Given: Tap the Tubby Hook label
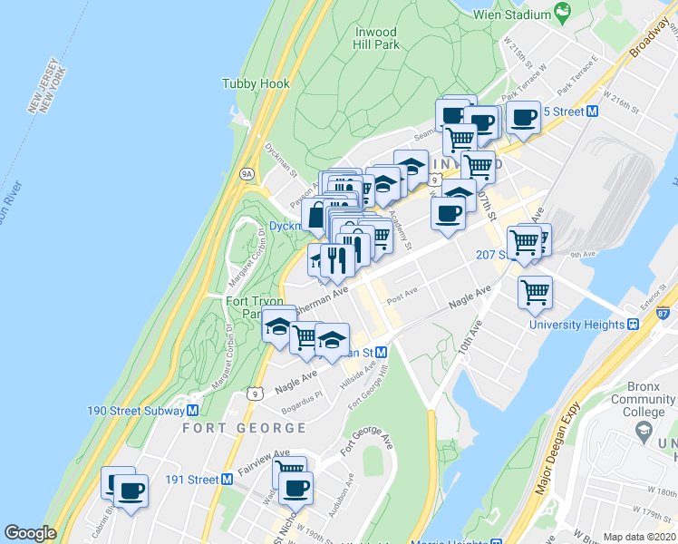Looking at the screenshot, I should coord(256,84).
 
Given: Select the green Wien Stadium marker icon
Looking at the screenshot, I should coord(562,14).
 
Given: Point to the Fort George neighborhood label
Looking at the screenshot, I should coord(227,428).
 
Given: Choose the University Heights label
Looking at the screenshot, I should coord(576,325).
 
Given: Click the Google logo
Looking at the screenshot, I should coord(30,533).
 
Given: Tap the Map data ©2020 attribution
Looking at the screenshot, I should coord(639,537).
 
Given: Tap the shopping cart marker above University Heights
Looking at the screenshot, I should coord(536,291).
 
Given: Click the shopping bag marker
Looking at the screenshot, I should coord(316,217).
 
